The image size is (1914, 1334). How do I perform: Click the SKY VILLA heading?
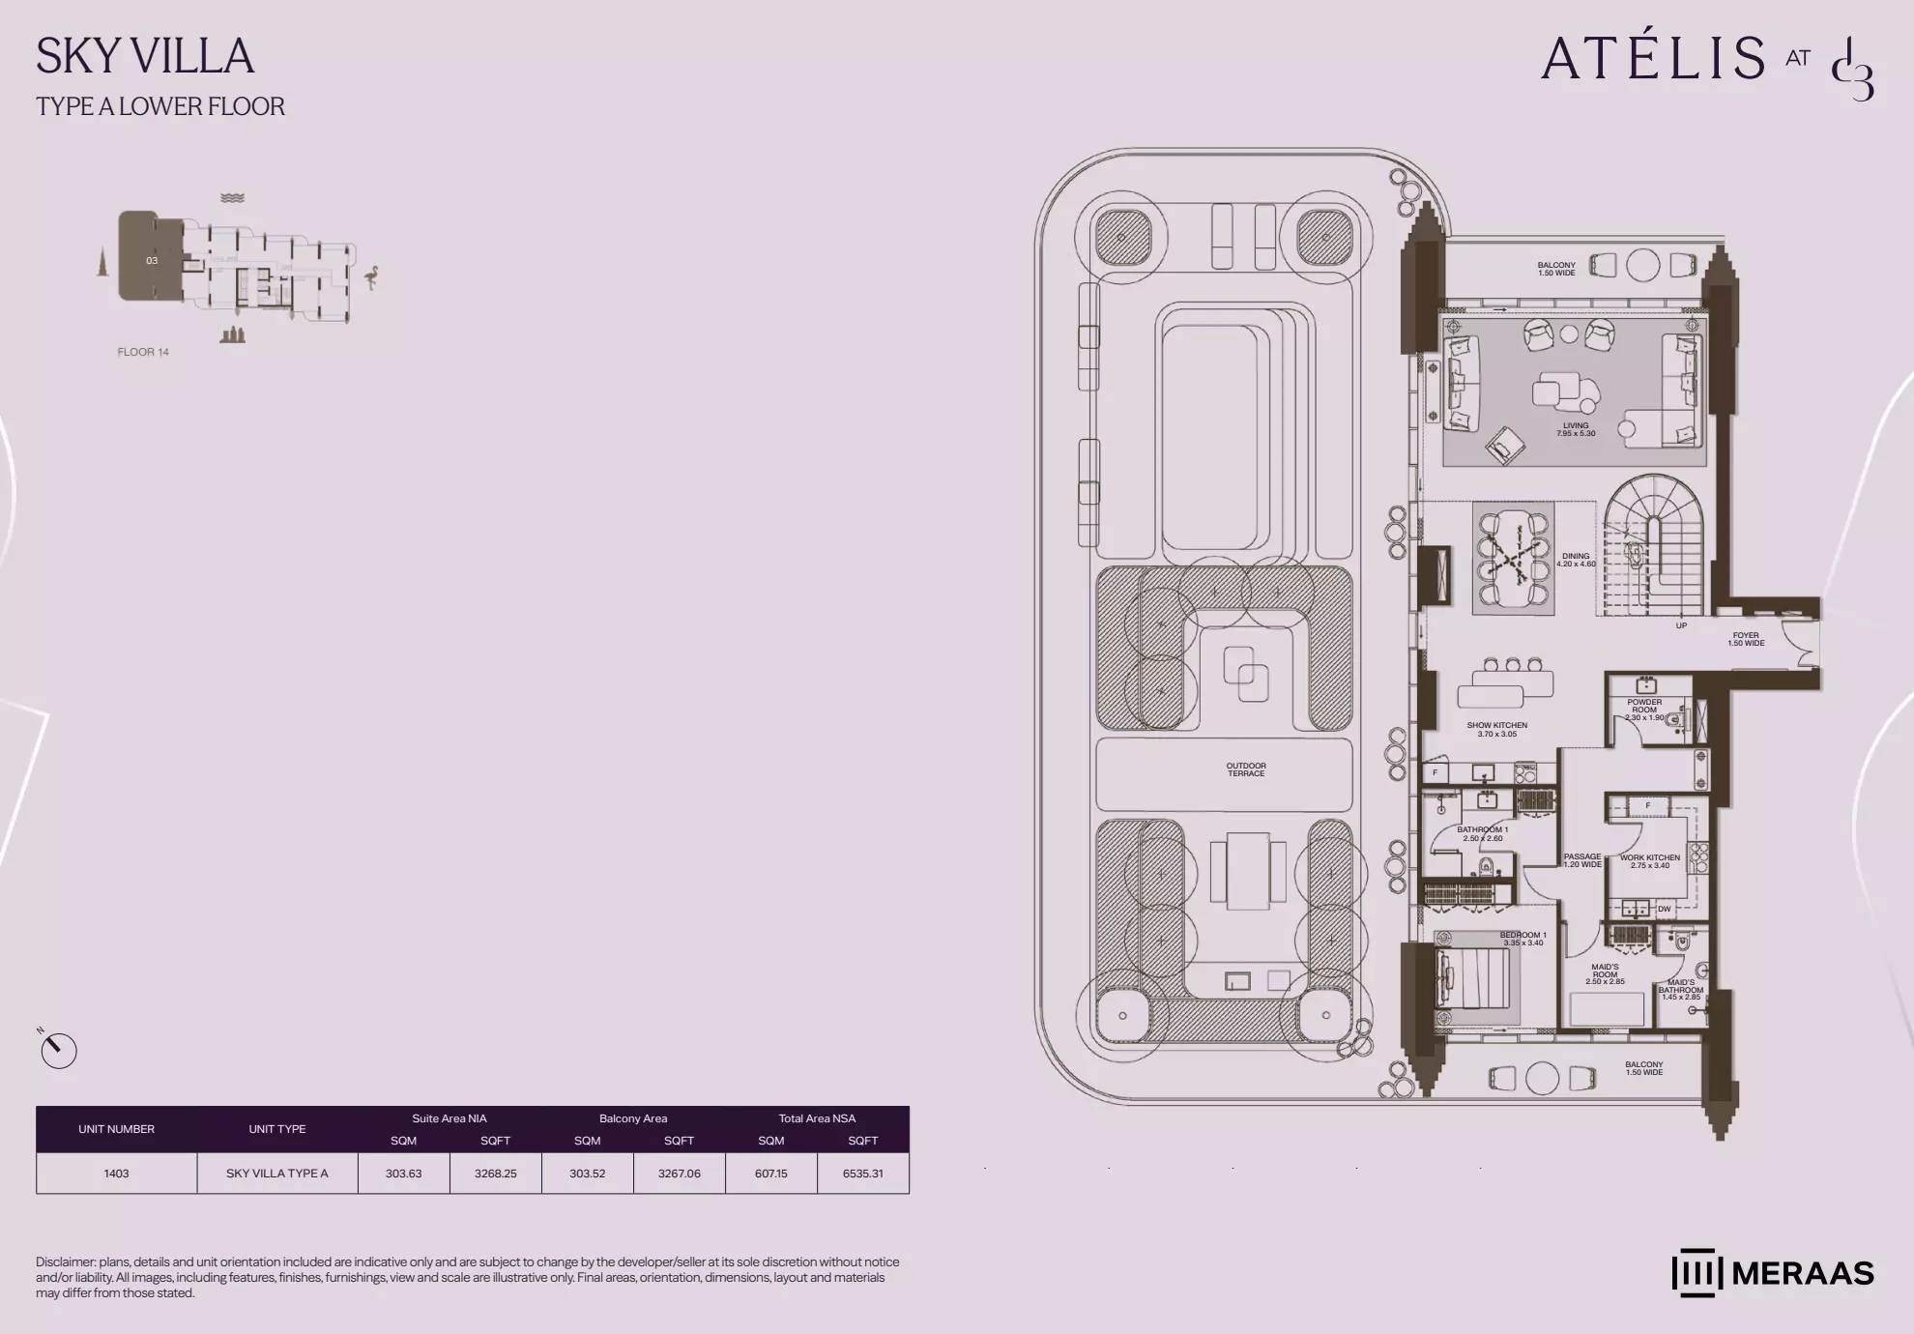click(145, 56)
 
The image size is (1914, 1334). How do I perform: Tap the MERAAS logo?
click(1773, 1273)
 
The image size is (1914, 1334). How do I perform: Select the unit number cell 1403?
click(116, 1174)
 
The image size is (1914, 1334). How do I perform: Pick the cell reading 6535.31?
click(862, 1174)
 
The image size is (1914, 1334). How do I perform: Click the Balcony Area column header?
click(633, 1118)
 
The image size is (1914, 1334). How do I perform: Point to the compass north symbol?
click(58, 1050)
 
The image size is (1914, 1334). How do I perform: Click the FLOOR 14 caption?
click(143, 352)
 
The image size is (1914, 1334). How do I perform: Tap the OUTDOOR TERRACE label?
click(1246, 769)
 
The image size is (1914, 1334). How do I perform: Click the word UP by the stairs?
click(1681, 625)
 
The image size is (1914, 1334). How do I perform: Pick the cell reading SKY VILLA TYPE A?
click(277, 1174)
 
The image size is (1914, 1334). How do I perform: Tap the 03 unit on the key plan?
click(152, 260)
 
